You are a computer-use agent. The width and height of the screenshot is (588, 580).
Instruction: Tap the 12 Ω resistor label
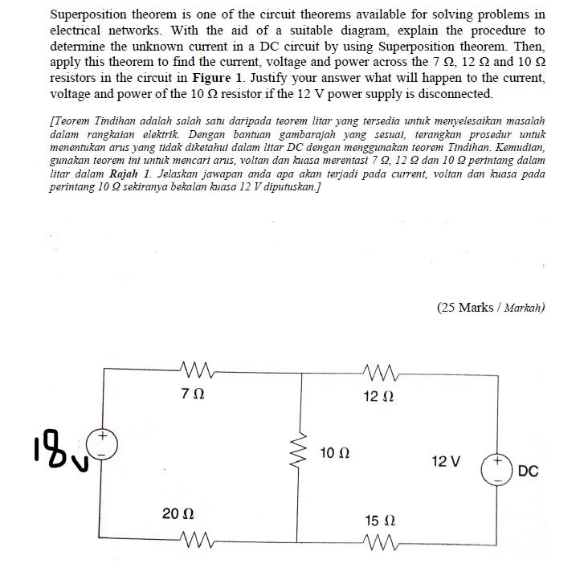[378, 396]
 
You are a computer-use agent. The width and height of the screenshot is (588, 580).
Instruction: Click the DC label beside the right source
[528, 471]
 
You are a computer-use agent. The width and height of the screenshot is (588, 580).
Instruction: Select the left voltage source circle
[105, 443]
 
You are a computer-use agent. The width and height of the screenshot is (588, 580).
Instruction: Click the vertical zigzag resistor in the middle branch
[301, 453]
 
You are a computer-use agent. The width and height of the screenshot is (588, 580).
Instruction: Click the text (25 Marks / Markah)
[491, 307]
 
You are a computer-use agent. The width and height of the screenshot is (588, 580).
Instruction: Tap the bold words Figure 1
[215, 80]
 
